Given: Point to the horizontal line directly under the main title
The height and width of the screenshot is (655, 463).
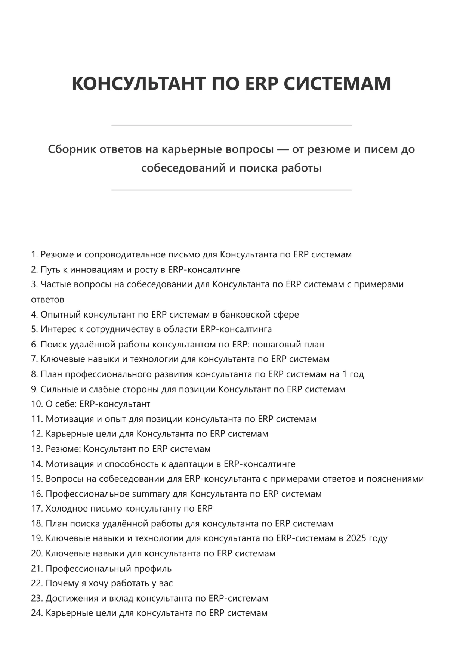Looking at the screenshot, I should (x=231, y=125).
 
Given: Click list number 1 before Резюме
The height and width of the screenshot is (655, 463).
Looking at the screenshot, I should (x=34, y=254).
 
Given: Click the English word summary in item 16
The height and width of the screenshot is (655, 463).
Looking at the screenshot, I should (x=151, y=494).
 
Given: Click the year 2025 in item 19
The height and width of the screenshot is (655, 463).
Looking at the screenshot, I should (x=356, y=538).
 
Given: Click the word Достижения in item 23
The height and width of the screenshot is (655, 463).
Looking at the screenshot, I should (x=70, y=598).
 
